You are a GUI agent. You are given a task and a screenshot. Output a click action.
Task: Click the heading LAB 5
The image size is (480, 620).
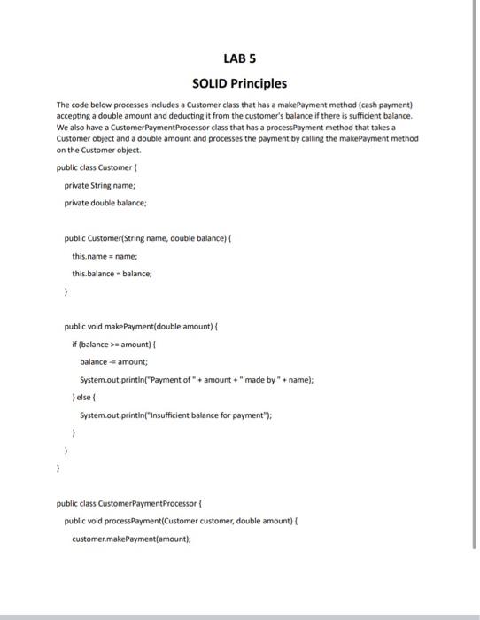click(x=239, y=59)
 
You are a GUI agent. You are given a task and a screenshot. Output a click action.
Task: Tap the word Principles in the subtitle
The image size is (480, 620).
click(x=257, y=84)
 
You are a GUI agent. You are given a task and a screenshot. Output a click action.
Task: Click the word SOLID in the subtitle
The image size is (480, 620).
click(x=209, y=84)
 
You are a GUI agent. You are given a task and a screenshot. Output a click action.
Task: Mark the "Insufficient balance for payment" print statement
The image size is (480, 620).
click(x=163, y=414)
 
